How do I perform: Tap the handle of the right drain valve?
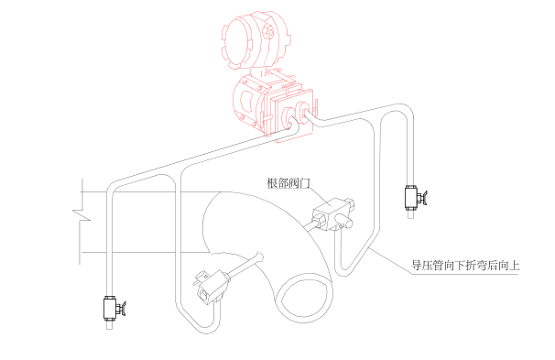pos(425,196)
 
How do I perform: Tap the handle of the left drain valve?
pos(123,308)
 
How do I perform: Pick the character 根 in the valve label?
pos(272,183)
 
